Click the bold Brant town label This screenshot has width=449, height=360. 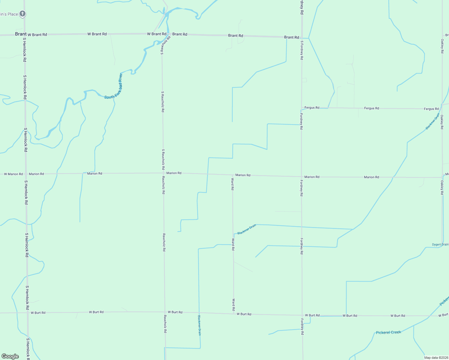(x=21, y=34)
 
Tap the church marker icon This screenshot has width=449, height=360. (x=23, y=13)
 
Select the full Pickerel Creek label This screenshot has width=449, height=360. (x=388, y=332)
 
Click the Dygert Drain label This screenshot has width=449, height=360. (x=440, y=244)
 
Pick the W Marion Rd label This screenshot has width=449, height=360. (x=13, y=174)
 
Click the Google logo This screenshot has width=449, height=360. (x=10, y=356)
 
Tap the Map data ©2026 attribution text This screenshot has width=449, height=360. (x=436, y=358)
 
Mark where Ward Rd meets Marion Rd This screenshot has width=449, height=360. (x=232, y=175)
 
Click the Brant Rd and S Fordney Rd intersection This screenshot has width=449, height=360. (x=302, y=37)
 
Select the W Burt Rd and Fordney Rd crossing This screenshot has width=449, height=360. (x=302, y=315)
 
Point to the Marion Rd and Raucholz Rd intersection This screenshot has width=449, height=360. (x=163, y=173)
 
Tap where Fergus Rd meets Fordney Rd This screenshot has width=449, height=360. (x=302, y=108)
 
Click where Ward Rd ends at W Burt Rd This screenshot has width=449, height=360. (x=234, y=314)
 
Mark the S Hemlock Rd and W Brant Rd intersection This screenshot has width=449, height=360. (x=24, y=34)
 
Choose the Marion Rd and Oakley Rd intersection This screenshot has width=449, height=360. (x=442, y=177)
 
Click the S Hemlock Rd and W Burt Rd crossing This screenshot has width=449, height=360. (x=27, y=313)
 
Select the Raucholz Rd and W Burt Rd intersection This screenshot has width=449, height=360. (x=164, y=312)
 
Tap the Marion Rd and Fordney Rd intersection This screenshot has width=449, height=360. (x=302, y=177)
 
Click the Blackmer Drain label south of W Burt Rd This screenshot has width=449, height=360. (x=199, y=325)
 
